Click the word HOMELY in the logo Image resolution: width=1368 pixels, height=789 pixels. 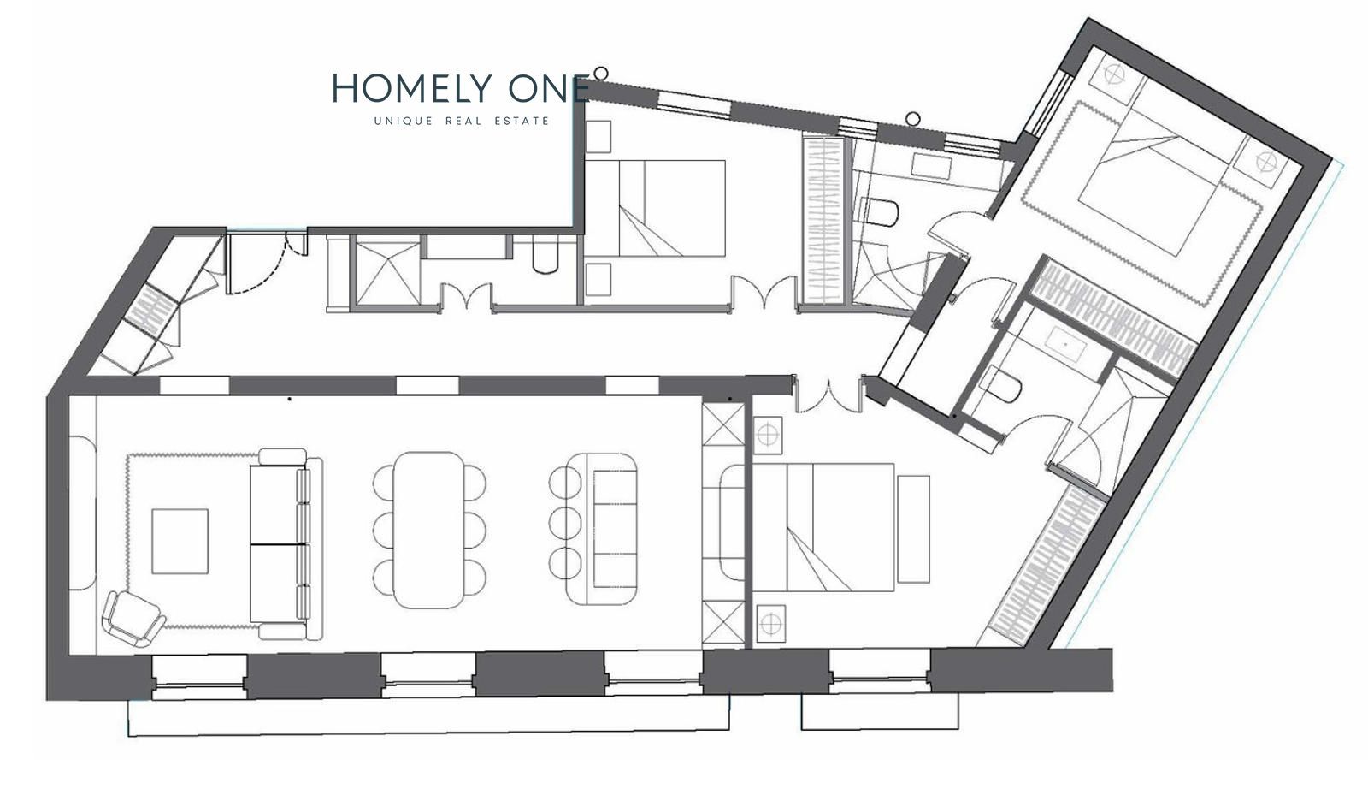pos(412,88)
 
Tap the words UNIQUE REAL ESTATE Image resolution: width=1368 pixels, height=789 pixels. pos(462,121)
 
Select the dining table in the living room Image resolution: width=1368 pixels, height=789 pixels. pos(429,529)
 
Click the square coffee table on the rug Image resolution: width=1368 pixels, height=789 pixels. pos(180,541)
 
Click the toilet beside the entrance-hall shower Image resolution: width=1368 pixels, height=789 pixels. pos(545,257)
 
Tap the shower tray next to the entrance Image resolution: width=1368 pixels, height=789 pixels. pos(388,273)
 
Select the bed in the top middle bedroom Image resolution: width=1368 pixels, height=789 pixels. pos(655,208)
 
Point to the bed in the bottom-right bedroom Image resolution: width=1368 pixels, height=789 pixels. pos(823,527)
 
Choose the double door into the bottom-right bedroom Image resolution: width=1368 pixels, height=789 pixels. pos(828,394)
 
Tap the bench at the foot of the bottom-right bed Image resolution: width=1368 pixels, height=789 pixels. pos(914,529)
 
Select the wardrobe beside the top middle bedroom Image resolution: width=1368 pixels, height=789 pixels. pos(823,220)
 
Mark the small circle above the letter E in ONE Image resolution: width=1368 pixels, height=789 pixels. pos(601,74)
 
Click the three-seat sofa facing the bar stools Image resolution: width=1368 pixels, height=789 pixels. pos(602,529)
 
